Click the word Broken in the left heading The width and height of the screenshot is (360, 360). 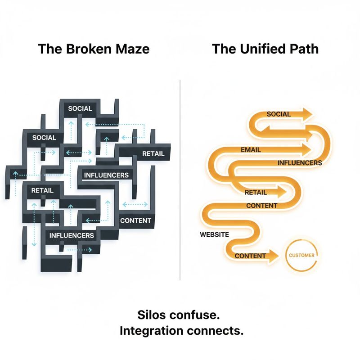coord(84,49)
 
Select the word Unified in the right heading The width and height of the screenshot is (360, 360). coord(260,49)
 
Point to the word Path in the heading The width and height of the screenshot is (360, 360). coord(303,49)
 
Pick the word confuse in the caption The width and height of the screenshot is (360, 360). coord(200,313)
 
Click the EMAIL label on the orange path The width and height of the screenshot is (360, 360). coord(251,149)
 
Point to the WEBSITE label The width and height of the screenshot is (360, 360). coord(214,234)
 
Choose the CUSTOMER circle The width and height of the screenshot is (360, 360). coord(302,256)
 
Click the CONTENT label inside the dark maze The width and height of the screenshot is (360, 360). coord(135,221)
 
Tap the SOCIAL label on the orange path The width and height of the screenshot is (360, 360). coord(279,114)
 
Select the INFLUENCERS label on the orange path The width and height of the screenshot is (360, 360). coord(300,163)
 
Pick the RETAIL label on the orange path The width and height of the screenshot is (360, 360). coord(256,193)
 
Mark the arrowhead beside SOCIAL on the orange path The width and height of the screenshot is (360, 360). coord(307,114)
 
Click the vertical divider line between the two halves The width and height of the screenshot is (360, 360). coord(180,180)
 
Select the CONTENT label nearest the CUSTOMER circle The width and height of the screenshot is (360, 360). coord(250,256)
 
